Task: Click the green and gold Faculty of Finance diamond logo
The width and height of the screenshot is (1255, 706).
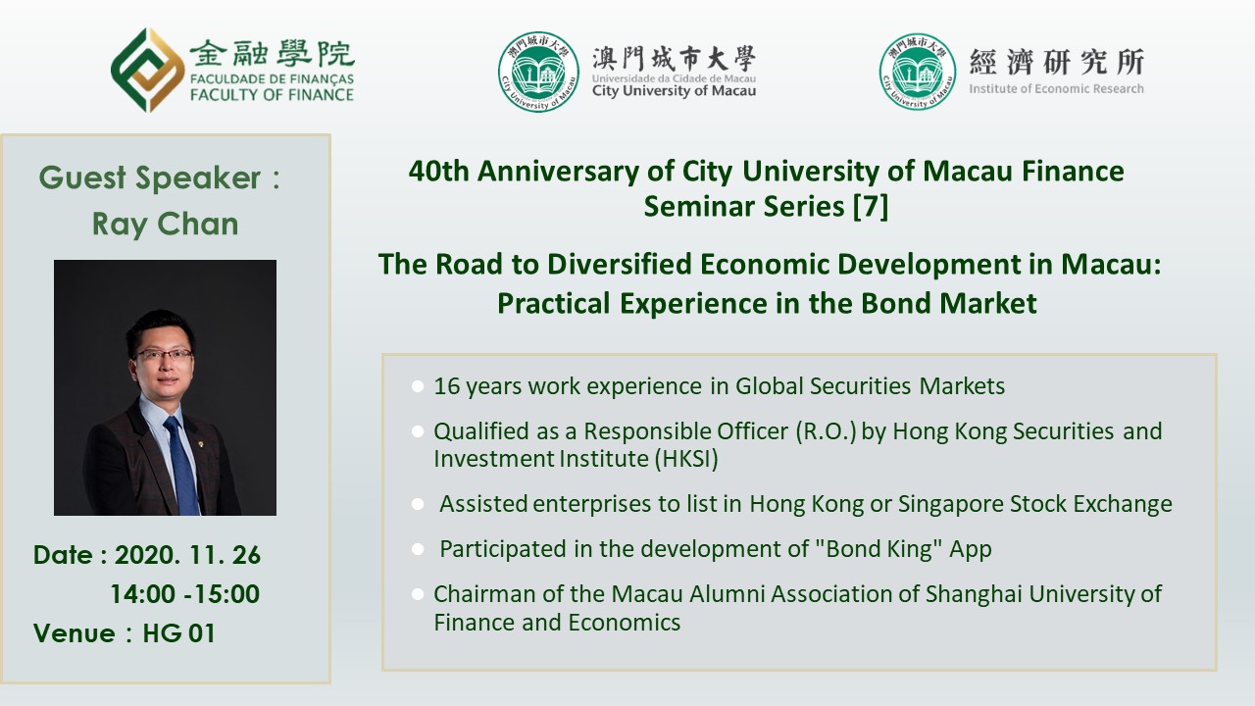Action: [148, 70]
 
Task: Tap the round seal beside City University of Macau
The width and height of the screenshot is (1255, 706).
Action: [538, 72]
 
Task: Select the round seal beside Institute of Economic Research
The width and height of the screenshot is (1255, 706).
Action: [918, 72]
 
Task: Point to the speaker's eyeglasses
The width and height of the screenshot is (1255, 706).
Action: [164, 355]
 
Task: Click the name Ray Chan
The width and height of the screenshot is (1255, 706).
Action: [166, 225]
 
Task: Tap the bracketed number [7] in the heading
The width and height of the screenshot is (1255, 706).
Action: [871, 206]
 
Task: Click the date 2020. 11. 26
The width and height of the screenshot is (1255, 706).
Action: [187, 555]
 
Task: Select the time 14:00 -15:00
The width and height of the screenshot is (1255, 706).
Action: [185, 594]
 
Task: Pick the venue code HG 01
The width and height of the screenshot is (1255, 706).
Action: [179, 633]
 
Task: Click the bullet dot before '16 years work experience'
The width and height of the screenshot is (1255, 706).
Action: [418, 386]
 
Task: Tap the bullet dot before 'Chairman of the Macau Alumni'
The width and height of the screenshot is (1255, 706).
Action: [418, 594]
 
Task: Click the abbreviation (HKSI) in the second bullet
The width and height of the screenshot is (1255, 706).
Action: [686, 459]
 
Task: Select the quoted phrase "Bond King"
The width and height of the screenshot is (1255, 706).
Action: [876, 548]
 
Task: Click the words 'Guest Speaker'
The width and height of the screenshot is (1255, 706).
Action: [150, 178]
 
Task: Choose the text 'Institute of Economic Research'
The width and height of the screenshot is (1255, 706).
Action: [1057, 88]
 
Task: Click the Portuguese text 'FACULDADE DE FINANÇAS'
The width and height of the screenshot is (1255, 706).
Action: [272, 79]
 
